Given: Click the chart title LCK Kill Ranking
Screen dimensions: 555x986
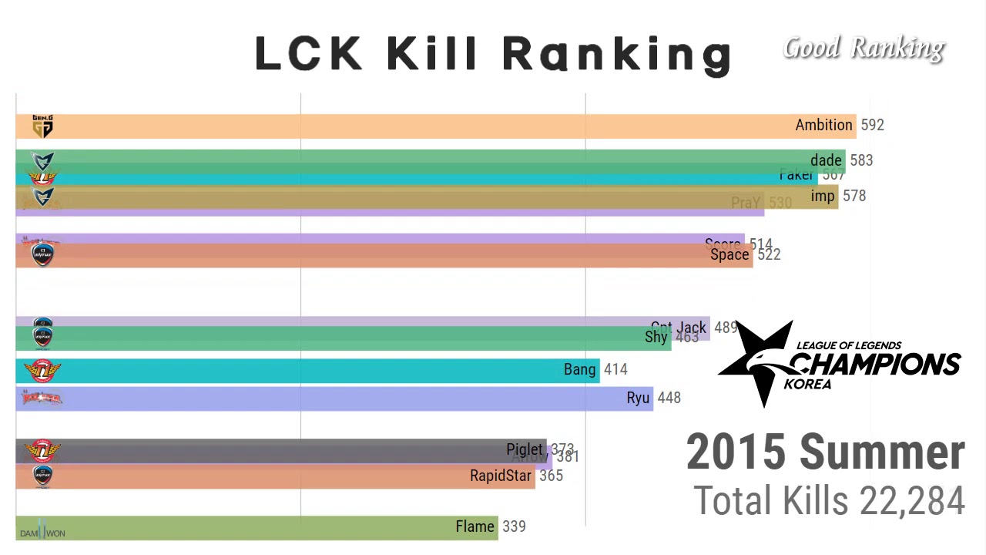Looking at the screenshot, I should (493, 54).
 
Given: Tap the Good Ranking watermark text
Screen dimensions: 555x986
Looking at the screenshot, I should (864, 49).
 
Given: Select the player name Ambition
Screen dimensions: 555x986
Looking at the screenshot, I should (823, 125).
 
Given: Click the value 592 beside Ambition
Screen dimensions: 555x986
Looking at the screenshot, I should (872, 125).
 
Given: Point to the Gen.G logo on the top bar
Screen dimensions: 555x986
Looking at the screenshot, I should (42, 126).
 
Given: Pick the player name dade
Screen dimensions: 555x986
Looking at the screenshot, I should (826, 160).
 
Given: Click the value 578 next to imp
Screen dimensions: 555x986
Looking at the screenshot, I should (854, 196).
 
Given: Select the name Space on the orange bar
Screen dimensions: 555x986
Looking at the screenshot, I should (729, 255).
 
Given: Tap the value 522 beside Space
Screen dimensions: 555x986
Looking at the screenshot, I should (769, 255).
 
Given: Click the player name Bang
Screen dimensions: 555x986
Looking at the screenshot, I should (579, 370).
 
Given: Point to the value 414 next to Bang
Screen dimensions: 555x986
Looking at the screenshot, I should (615, 370).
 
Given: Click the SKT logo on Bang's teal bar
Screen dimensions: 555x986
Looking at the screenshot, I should (42, 371).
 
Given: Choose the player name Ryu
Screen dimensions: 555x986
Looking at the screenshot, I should (638, 398).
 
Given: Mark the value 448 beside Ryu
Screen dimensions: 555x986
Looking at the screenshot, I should (669, 398).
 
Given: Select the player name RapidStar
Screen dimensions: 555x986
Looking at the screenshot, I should (501, 476).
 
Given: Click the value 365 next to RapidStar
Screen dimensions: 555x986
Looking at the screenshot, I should (551, 476).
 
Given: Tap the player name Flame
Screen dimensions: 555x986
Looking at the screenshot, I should (475, 526).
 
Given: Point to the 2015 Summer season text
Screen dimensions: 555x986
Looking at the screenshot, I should (825, 452).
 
